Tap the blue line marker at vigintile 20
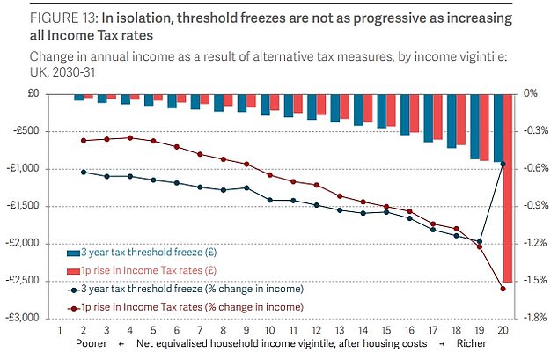(x=503, y=164)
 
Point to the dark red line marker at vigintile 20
(x=503, y=289)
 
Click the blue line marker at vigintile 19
(x=480, y=241)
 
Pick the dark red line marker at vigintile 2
(x=84, y=141)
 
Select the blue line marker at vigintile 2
(x=84, y=172)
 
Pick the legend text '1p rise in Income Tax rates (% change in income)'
(x=189, y=306)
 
